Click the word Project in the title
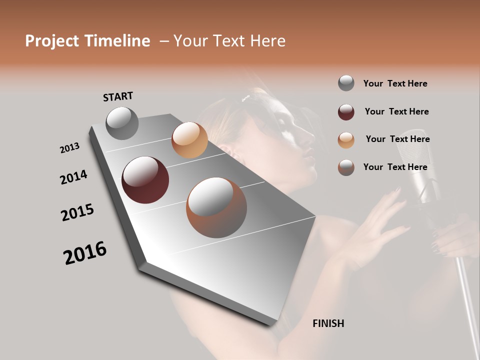click(x=51, y=41)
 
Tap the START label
click(x=118, y=96)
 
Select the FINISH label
click(x=328, y=323)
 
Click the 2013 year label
click(x=70, y=148)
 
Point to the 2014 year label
click(x=74, y=177)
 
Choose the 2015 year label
click(x=77, y=212)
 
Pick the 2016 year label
click(x=85, y=253)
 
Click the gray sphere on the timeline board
click(x=122, y=123)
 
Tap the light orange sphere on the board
click(x=189, y=140)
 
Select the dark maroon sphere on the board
click(x=145, y=180)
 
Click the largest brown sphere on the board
click(x=216, y=207)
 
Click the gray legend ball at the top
click(x=346, y=83)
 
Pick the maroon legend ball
click(x=346, y=112)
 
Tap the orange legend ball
click(x=346, y=140)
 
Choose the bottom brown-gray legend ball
click(x=346, y=167)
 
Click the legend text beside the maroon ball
click(x=396, y=111)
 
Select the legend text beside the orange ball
click(x=397, y=139)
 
